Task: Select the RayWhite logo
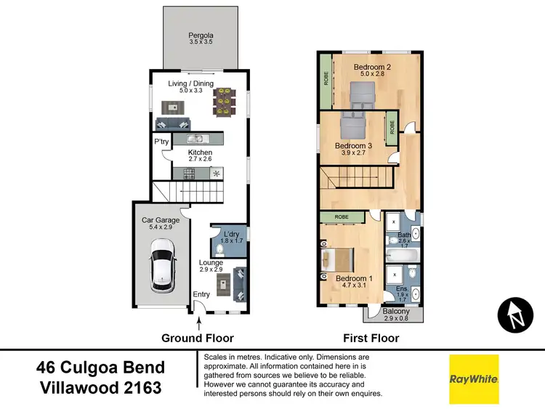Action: pyautogui.click(x=474, y=378)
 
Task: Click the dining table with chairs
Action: pyautogui.click(x=225, y=102)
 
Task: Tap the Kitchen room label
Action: pyautogui.click(x=200, y=153)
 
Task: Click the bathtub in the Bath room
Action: pyautogui.click(x=402, y=255)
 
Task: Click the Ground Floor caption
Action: pyautogui.click(x=198, y=338)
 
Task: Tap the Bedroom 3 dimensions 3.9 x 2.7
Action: pyautogui.click(x=352, y=153)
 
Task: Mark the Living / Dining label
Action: pyautogui.click(x=191, y=84)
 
